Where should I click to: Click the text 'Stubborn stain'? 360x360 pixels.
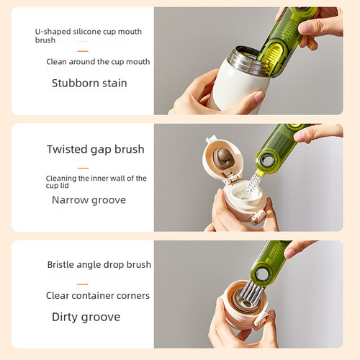point(89,84)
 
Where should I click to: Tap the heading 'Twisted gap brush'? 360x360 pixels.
point(95,150)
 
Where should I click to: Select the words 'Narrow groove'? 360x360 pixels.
point(89,199)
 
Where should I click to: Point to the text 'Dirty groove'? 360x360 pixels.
point(86,317)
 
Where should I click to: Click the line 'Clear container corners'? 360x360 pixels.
point(98,295)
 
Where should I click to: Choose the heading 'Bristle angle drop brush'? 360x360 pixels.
point(99,264)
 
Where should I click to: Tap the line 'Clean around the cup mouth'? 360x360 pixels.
point(98,62)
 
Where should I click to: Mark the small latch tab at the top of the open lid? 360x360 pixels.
point(210,140)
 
